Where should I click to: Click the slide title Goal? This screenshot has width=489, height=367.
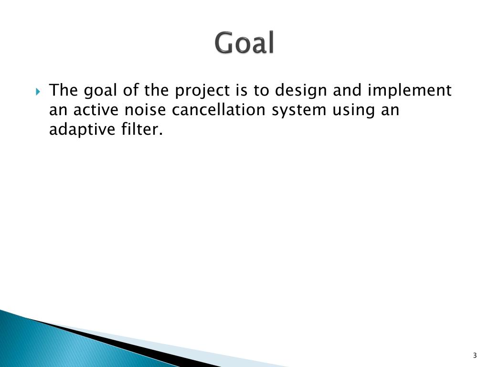244,43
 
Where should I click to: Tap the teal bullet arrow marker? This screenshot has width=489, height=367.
38,92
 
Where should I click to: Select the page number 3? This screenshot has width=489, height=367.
475,355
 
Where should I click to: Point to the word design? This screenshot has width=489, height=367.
301,91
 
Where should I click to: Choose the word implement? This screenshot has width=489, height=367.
409,91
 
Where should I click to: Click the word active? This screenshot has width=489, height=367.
96,110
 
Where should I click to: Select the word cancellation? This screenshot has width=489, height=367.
218,110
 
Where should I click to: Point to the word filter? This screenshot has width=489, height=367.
142,129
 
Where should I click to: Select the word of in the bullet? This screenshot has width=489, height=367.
131,90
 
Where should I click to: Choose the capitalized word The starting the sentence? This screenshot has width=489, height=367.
64,90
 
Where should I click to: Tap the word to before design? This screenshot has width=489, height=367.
261,90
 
